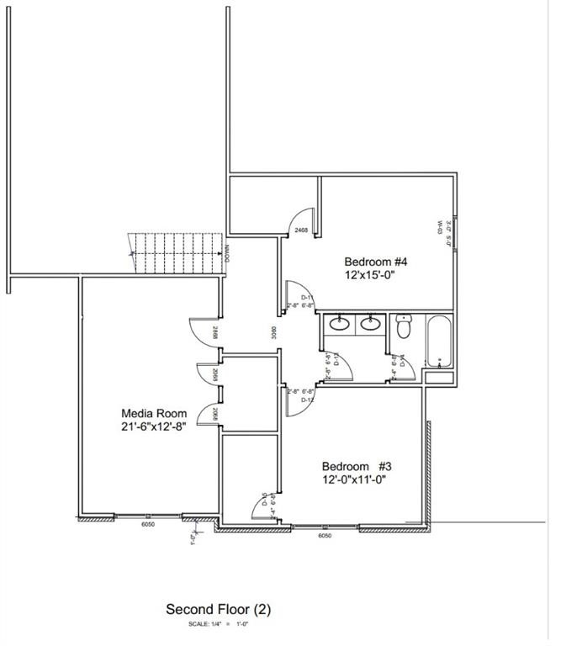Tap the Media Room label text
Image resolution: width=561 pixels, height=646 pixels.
pyautogui.click(x=152, y=413)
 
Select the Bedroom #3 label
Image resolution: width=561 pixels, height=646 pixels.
pyautogui.click(x=357, y=466)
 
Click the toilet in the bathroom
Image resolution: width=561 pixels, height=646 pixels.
pyautogui.click(x=404, y=326)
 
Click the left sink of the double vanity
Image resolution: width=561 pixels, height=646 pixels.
pyautogui.click(x=341, y=324)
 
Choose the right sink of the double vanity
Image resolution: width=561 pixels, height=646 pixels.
pyautogui.click(x=369, y=324)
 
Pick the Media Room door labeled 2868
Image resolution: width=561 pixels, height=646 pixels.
pyautogui.click(x=216, y=331)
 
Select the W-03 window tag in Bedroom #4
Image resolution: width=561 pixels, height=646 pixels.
pyautogui.click(x=440, y=227)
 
